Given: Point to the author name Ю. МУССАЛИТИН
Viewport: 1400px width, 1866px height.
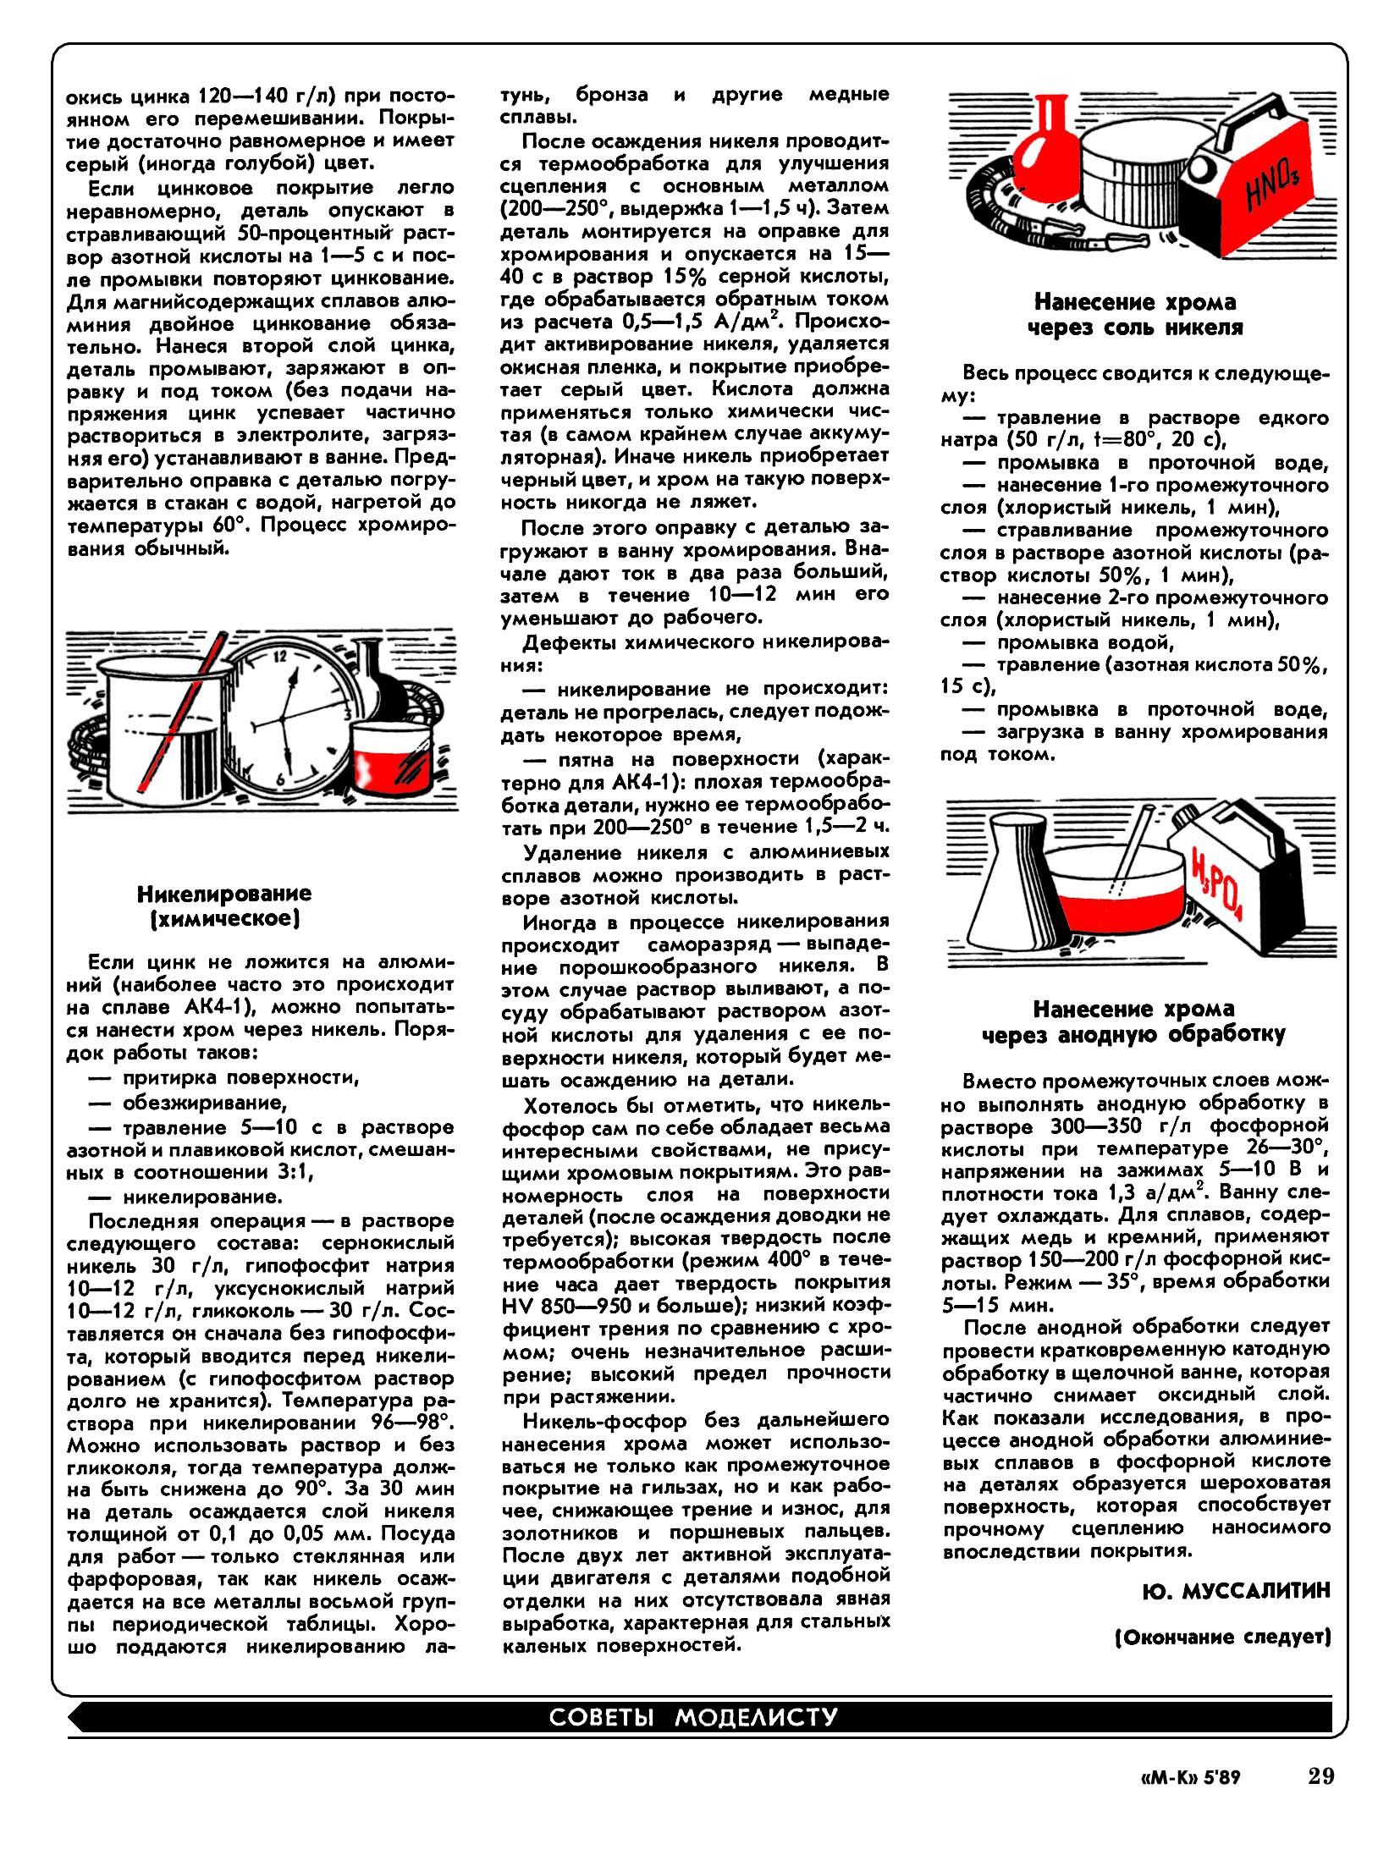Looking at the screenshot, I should click(1236, 1592).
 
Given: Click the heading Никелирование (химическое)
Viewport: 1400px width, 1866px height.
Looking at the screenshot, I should click(224, 905).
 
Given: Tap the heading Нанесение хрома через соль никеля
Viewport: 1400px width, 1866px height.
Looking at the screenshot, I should click(1135, 315).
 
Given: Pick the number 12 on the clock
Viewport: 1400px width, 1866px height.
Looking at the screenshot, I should click(280, 657).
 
